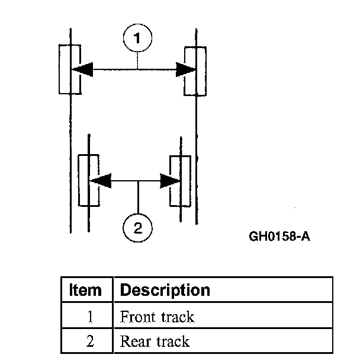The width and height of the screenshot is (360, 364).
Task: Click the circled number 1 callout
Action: [137, 39]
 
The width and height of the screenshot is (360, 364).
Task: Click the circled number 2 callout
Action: [138, 228]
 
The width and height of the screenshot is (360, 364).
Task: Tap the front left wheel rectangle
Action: [70, 69]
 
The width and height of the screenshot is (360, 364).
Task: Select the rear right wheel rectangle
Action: [180, 181]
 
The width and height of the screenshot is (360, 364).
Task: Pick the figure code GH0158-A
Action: [279, 237]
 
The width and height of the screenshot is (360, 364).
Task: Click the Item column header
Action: [85, 290]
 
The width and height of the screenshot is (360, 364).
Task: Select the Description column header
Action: [165, 290]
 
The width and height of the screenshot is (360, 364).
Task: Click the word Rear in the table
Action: [134, 341]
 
